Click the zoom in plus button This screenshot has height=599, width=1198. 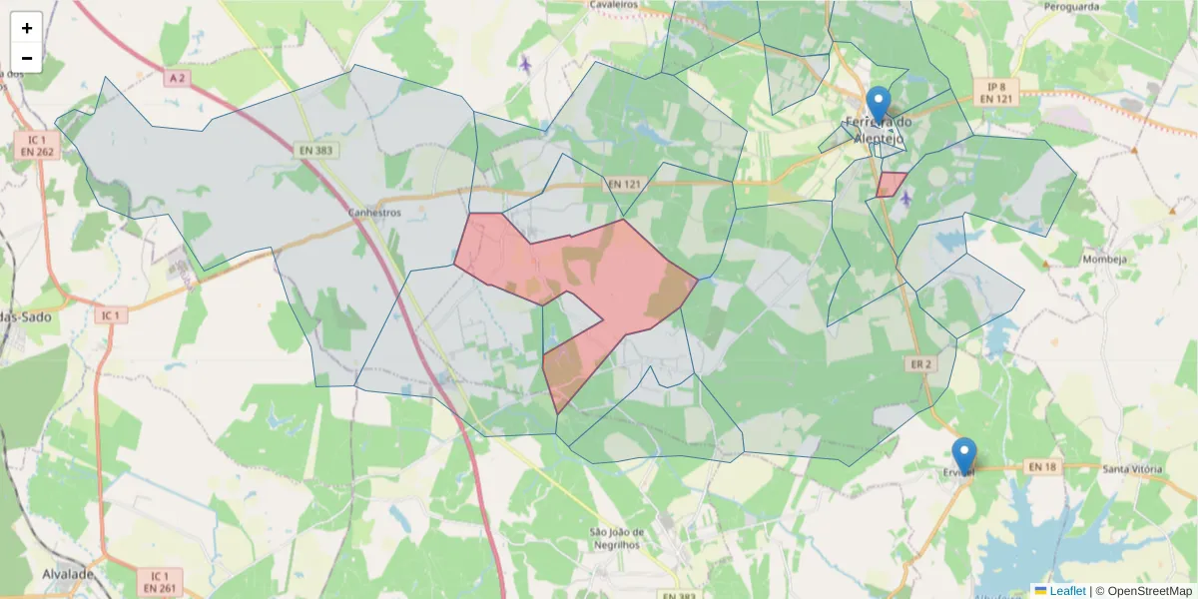[26, 28]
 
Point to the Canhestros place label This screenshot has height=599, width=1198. [374, 213]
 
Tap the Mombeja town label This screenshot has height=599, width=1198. [1104, 260]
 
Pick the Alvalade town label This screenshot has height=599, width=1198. [68, 575]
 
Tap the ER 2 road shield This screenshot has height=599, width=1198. [920, 364]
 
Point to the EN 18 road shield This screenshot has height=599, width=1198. [1042, 466]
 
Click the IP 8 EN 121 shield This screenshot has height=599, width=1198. [996, 92]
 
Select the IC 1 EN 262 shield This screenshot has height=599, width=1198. [36, 145]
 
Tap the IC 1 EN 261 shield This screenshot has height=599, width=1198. [160, 582]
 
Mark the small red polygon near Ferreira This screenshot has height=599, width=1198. [891, 184]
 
